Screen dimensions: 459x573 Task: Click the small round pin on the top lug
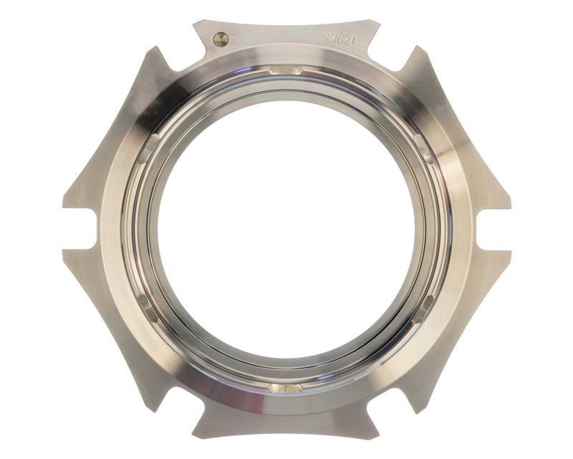tap(221, 39)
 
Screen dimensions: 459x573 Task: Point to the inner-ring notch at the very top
tap(286, 70)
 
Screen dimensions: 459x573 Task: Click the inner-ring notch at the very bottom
tap(286, 388)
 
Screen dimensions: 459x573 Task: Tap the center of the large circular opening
tap(286, 228)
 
